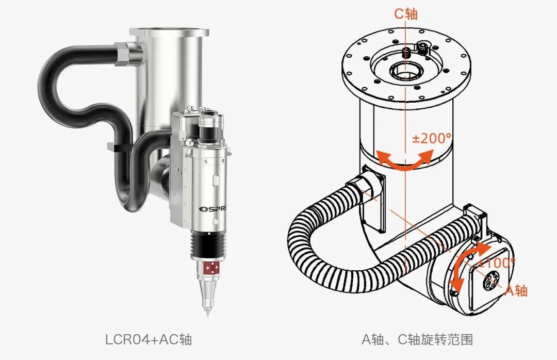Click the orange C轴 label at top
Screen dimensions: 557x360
click(406, 13)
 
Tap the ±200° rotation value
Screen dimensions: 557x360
click(432, 138)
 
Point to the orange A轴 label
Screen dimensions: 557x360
click(516, 290)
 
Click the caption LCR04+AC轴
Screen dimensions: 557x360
click(149, 339)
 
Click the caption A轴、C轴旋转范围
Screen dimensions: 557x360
click(417, 339)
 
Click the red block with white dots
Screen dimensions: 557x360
click(210, 268)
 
